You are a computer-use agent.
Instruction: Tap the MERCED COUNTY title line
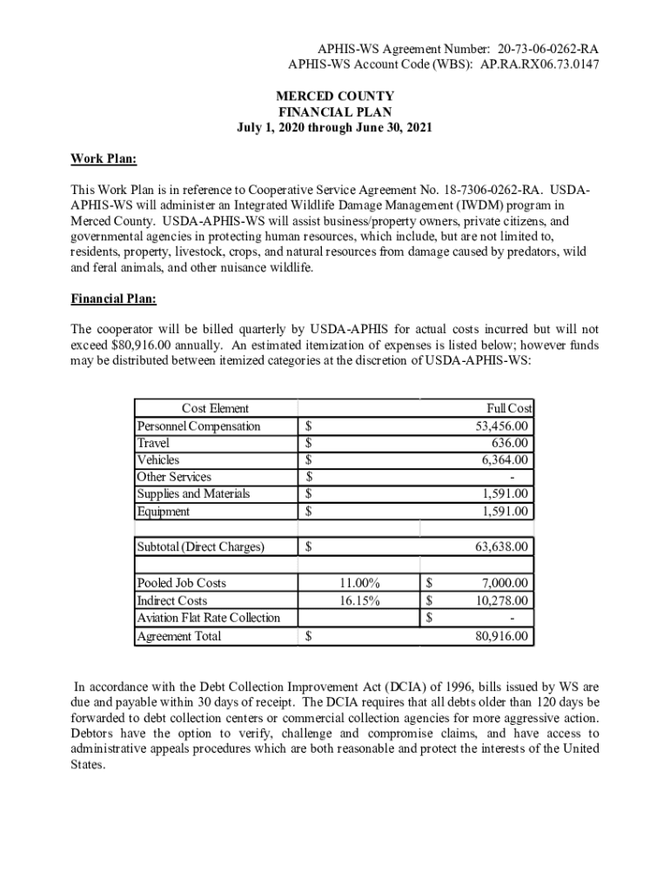click(x=335, y=96)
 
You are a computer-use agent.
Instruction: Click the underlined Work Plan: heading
click(x=104, y=159)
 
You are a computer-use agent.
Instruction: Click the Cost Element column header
click(x=215, y=408)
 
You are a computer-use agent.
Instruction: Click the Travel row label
click(x=153, y=443)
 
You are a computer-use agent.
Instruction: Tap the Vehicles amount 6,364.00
click(x=505, y=459)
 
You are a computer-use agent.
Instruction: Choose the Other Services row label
click(x=174, y=477)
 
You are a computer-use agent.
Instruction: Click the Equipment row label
click(x=163, y=512)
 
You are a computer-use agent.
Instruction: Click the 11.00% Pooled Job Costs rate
click(x=359, y=583)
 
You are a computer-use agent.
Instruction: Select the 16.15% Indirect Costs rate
click(x=359, y=600)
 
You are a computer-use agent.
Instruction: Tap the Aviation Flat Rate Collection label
click(x=209, y=618)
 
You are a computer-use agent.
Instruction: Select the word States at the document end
click(x=87, y=766)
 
